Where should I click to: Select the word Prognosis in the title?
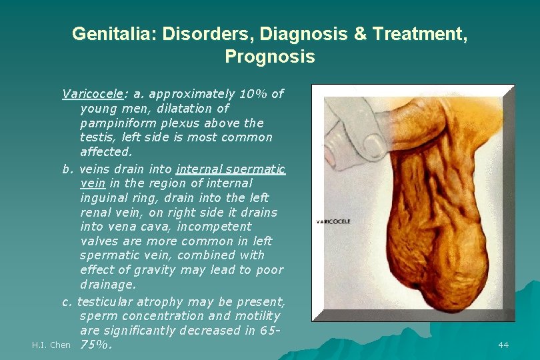tap(269, 57)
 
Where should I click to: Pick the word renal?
tap(96, 212)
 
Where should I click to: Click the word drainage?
tap(107, 285)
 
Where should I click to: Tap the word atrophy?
tap(168, 301)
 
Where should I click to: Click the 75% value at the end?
tap(96, 345)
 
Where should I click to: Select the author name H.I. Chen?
tap(51, 345)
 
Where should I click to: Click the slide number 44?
tap(503, 345)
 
